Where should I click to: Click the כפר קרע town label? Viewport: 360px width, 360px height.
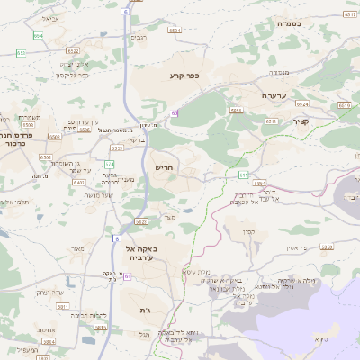pyautogui.click(x=184, y=76)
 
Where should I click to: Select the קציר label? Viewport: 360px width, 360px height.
pyautogui.click(x=301, y=121)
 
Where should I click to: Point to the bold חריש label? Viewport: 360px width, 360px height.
pyautogui.click(x=163, y=167)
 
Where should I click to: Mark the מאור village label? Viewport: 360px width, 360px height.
pyautogui.click(x=77, y=248)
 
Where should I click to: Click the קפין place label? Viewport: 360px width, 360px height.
pyautogui.click(x=249, y=232)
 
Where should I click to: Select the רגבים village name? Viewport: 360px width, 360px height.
pyautogui.click(x=139, y=37)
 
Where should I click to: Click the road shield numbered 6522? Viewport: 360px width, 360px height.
pyautogui.click(x=116, y=148)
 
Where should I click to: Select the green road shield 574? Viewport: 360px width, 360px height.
pyautogui.click(x=109, y=164)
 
